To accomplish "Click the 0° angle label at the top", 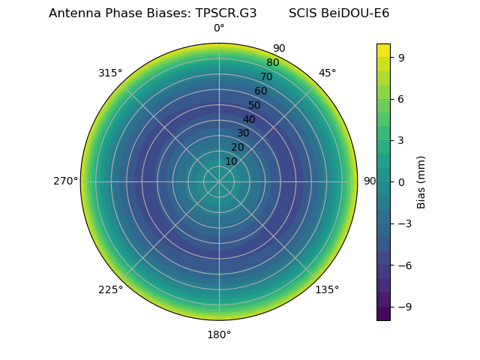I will tap(219, 28).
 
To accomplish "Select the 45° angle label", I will tap(327, 73).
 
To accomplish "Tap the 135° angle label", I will tap(327, 289).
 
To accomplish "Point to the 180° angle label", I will tap(219, 334).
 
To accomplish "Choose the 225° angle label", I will tap(110, 289).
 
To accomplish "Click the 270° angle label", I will tap(65, 181).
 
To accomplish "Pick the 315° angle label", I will tap(110, 73).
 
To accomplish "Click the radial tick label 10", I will tap(231, 161).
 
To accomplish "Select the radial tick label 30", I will tap(243, 133).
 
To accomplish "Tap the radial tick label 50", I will tap(255, 106).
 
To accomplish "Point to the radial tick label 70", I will tap(266, 77).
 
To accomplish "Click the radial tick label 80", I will tap(272, 63).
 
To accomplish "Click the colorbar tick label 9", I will tap(401, 57).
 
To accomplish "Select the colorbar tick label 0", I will tap(401, 181).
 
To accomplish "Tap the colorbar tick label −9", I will tap(404, 307).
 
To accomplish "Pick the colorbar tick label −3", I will tap(404, 223).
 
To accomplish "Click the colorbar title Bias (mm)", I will tap(421, 181).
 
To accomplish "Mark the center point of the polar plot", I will tap(219, 181).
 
